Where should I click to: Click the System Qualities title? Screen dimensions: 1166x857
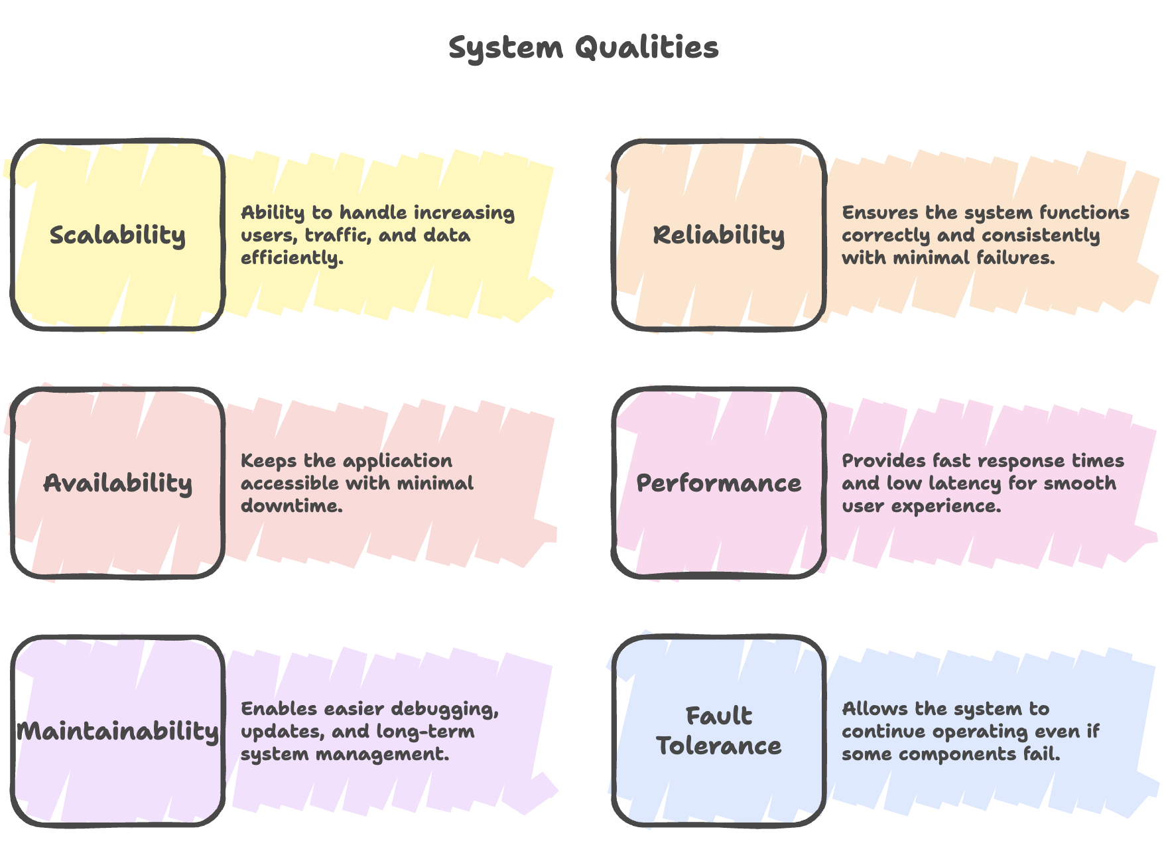pos(584,48)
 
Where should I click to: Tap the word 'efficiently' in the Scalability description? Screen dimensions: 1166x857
pos(292,258)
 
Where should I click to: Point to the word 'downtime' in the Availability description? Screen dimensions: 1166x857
pos(291,506)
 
